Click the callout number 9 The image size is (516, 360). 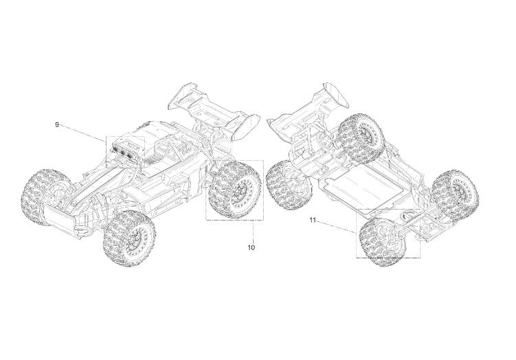tap(56, 125)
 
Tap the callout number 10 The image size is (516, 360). tap(251, 247)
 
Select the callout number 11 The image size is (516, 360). tap(313, 220)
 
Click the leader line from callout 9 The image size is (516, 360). tap(82, 133)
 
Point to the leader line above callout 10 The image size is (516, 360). tap(253, 232)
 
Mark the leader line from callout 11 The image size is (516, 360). tap(336, 227)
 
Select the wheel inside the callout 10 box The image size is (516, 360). tap(235, 190)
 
